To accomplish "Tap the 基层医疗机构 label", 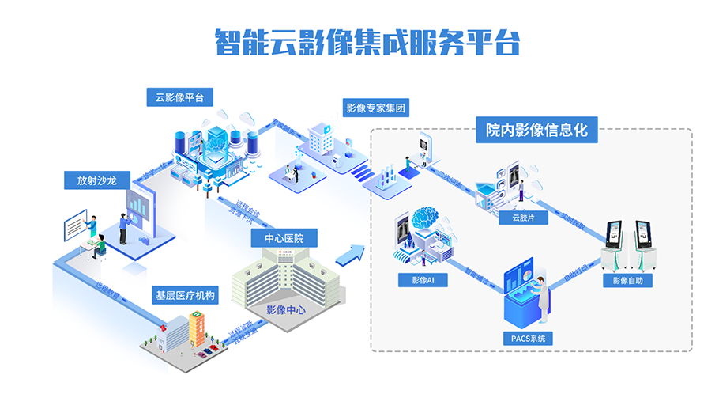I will (x=185, y=296).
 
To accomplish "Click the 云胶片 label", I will (x=519, y=218).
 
